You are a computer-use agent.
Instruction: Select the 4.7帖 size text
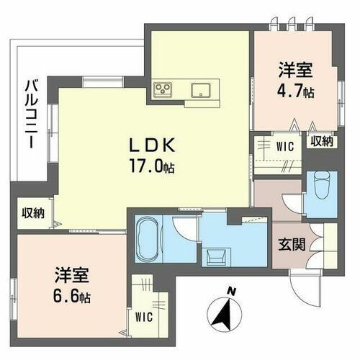[x=295, y=91]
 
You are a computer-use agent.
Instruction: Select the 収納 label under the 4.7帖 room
[x=321, y=141]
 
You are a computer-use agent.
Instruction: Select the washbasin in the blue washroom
[x=216, y=254]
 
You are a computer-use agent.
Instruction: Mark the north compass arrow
[x=224, y=313]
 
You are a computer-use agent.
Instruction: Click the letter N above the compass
[x=230, y=292]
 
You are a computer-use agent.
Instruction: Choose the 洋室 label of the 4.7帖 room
[x=295, y=71]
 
